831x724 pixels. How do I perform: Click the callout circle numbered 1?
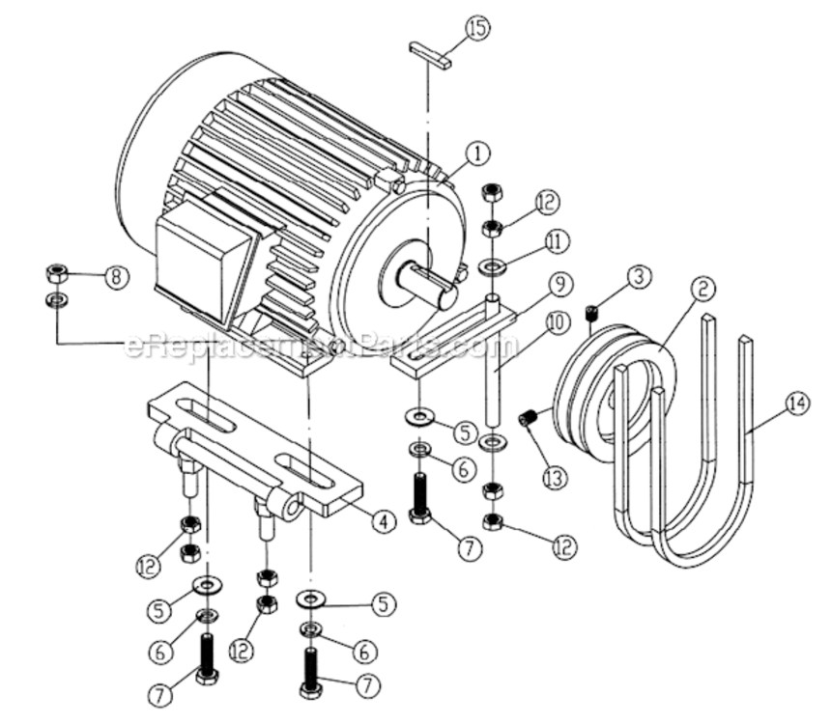click(x=476, y=153)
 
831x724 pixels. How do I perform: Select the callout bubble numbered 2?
click(x=703, y=288)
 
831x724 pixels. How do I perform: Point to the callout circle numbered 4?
click(x=384, y=521)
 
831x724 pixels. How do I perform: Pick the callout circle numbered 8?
click(x=115, y=278)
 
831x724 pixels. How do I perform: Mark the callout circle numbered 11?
click(x=554, y=240)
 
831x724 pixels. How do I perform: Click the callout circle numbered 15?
click(x=477, y=30)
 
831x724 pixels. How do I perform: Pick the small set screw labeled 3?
click(x=593, y=311)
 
